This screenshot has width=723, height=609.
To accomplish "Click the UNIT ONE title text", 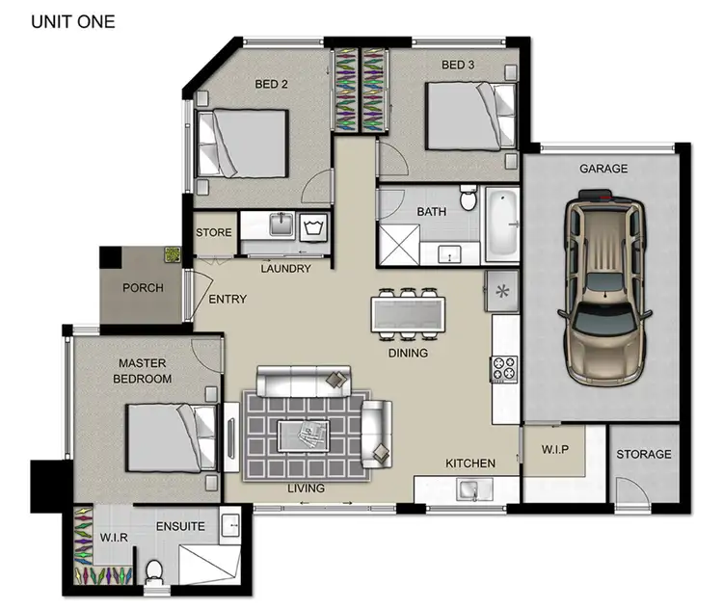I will tap(72, 21).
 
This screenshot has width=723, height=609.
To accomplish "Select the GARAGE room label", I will tap(603, 169).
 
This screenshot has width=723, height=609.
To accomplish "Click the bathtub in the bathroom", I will tap(502, 225).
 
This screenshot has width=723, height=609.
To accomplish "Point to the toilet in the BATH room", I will tap(468, 199).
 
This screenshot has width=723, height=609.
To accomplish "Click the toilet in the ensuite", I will tap(152, 571).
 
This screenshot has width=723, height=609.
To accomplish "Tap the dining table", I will tap(408, 314).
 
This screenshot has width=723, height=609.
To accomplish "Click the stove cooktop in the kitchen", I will tap(505, 368).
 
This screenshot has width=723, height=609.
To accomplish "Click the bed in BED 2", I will tap(242, 143).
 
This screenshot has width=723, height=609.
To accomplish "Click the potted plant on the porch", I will tap(173, 255).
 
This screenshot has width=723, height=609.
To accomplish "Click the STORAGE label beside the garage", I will tap(644, 455).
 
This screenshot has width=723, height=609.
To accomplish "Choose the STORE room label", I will tap(213, 233).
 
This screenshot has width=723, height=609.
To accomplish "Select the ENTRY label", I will tap(228, 300).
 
